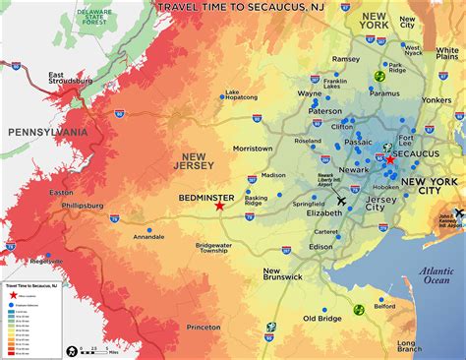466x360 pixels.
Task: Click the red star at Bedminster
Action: click(219, 207)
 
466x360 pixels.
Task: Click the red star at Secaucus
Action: click(390, 158)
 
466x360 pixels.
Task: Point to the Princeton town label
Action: click(204, 327)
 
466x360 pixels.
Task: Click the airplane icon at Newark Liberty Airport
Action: click(341, 201)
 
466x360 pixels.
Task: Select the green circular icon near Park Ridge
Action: click(379, 77)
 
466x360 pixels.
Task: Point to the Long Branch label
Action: click(410, 345)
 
